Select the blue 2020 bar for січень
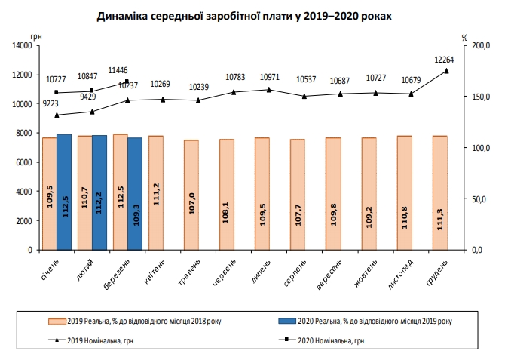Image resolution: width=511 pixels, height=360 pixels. pos(64,192)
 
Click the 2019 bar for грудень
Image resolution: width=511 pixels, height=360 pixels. pos(439,192)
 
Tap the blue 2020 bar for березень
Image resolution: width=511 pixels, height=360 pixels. pos(135,193)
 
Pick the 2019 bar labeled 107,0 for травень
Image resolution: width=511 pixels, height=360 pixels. pos(191,195)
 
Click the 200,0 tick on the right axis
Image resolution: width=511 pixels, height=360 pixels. pos(480,46)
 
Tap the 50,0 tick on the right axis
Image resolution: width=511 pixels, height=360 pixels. pos(480,199)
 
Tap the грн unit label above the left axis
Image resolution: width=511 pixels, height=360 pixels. pos(36,36)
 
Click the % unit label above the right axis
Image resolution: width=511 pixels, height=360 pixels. pos(465,36)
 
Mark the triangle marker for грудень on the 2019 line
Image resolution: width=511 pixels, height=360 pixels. pos(446,71)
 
